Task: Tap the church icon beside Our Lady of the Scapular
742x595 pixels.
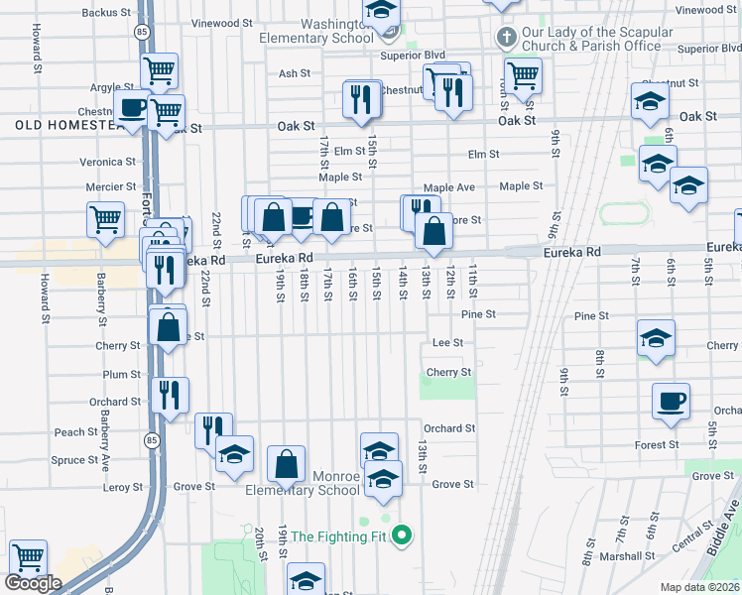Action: [506, 39]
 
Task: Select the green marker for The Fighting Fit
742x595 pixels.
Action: [402, 537]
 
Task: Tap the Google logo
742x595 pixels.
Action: [33, 583]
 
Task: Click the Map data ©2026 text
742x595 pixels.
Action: [699, 587]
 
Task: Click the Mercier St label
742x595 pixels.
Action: [110, 186]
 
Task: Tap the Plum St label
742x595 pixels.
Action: [122, 375]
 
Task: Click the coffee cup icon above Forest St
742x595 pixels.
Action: [671, 401]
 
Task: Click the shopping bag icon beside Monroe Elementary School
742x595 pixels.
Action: [286, 462]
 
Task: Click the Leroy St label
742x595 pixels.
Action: [124, 487]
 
